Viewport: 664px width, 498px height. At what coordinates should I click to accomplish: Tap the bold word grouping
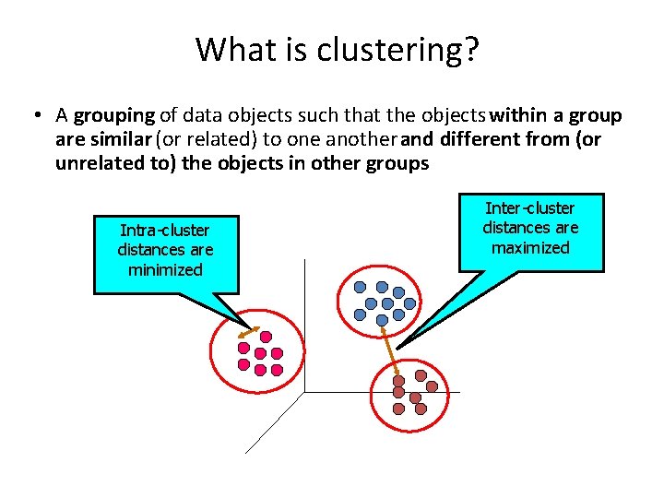pos(114,116)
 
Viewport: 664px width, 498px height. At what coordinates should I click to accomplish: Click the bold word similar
pos(123,140)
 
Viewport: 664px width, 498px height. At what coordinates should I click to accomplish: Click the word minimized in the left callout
pos(165,270)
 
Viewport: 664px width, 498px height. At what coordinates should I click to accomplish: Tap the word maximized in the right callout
pos(531,248)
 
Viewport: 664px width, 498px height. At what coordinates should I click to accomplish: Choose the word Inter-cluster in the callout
pos(531,208)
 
